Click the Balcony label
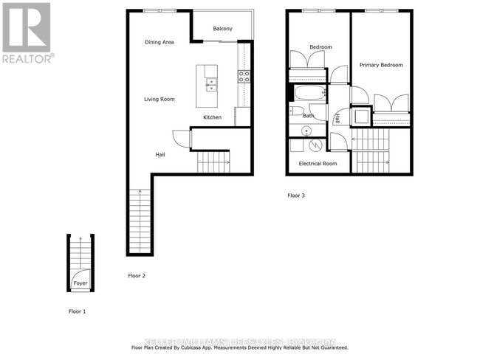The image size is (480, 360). [x=222, y=29]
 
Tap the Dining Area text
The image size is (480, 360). [x=159, y=42]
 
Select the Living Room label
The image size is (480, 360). [x=159, y=99]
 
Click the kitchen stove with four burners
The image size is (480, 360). [x=244, y=75]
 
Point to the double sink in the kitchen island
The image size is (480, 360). [x=211, y=84]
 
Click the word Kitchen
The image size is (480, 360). [x=212, y=117]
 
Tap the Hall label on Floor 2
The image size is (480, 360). [x=160, y=155]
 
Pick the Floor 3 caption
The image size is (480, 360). [x=296, y=195]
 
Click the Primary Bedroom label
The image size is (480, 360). [x=381, y=65]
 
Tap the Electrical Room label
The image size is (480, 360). [x=318, y=163]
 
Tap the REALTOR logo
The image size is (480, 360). [x=27, y=33]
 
